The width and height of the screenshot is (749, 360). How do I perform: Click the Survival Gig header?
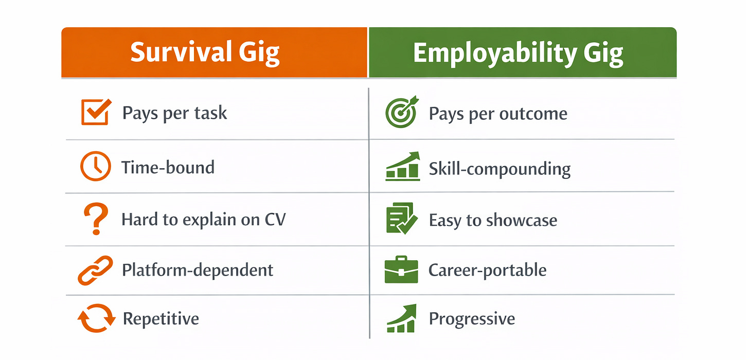point(205,52)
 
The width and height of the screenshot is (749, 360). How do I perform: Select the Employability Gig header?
point(518,53)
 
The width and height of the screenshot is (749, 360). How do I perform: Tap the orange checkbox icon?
point(96,112)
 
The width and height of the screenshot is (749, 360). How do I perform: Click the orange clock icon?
point(95,167)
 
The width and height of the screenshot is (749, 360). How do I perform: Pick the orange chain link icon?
point(95,271)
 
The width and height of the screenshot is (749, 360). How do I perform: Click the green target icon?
point(402,113)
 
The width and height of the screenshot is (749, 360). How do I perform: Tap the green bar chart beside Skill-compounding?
point(402,167)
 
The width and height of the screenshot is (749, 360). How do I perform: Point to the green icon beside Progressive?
point(401,319)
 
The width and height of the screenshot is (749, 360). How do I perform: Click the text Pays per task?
point(174,113)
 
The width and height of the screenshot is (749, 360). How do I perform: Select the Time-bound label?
point(168,167)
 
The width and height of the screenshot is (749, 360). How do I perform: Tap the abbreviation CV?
point(275,220)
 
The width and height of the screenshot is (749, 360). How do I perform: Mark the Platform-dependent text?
point(198,270)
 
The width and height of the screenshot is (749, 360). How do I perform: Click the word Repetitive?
point(160,319)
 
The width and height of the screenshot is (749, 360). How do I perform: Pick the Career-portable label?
point(487,270)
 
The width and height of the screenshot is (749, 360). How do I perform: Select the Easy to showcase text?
point(493,220)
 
